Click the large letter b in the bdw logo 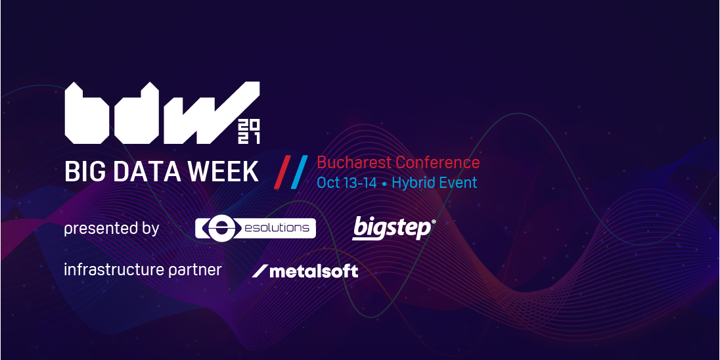pyautogui.click(x=87, y=113)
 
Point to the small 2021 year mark pyautogui.click(x=249, y=132)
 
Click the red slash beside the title pyautogui.click(x=282, y=172)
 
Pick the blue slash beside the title pyautogui.click(x=299, y=172)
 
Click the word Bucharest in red pyautogui.click(x=354, y=162)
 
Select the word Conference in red pyautogui.click(x=438, y=162)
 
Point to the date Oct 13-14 pyautogui.click(x=347, y=183)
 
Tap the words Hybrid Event pyautogui.click(x=434, y=183)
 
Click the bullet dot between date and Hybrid pyautogui.click(x=384, y=184)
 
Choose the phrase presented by pyautogui.click(x=112, y=228)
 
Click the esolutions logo pyautogui.click(x=256, y=228)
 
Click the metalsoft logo pyautogui.click(x=305, y=271)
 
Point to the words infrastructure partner pyautogui.click(x=143, y=270)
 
